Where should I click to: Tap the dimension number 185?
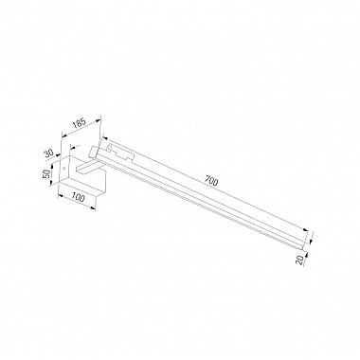point(79,122)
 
